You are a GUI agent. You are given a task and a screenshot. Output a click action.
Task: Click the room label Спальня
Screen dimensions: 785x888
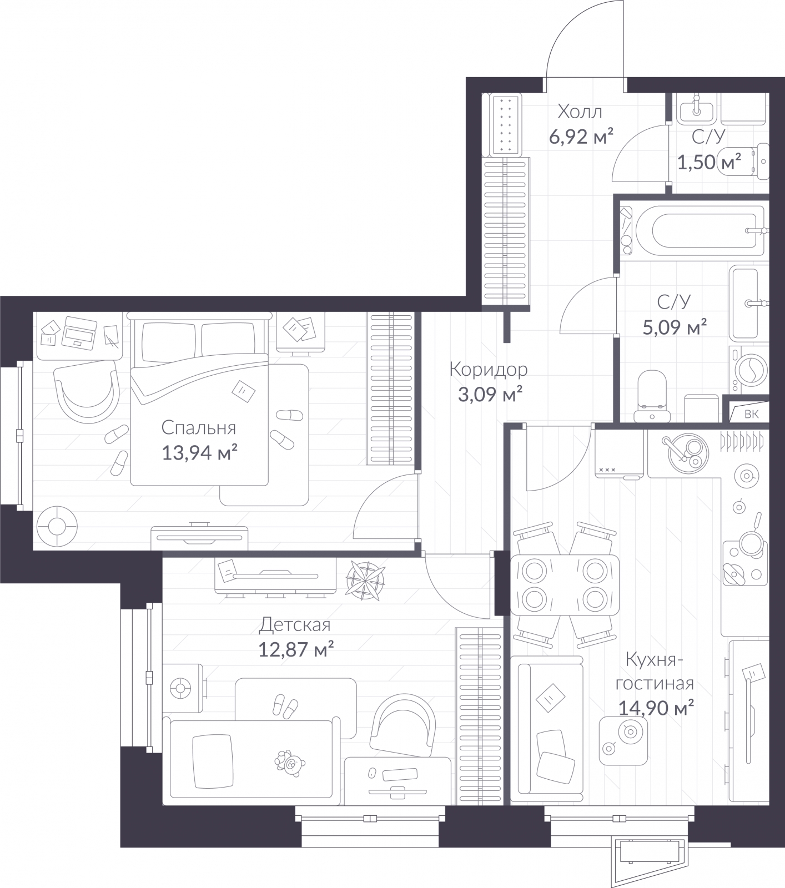(199, 428)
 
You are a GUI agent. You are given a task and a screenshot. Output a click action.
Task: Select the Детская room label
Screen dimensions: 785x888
(295, 625)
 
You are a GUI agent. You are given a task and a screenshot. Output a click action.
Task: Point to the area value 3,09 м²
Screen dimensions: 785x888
(490, 394)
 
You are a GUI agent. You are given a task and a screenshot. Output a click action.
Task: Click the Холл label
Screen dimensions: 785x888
(580, 112)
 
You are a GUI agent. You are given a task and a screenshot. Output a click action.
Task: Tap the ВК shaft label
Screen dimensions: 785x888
(751, 414)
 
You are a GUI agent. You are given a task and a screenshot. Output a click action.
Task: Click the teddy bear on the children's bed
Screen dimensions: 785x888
(289, 762)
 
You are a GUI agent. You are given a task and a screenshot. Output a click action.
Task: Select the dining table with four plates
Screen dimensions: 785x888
(564, 584)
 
